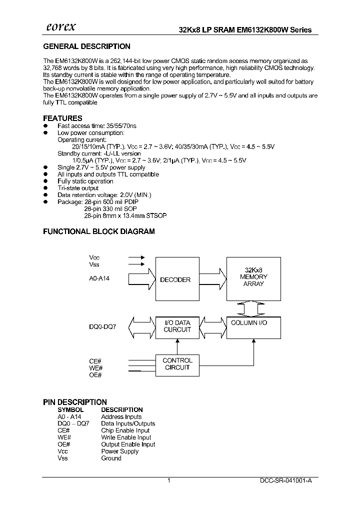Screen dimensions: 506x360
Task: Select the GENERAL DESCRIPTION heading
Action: [x=86, y=46]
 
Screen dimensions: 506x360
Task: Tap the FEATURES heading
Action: [x=62, y=118]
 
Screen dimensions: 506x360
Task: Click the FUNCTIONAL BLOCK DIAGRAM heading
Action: [x=99, y=231]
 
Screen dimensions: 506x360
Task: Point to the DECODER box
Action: [x=175, y=280]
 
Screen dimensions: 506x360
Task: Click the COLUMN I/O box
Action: [x=253, y=327]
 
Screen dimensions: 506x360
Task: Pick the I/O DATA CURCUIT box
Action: [x=177, y=326]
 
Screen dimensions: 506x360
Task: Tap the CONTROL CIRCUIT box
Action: [x=177, y=363]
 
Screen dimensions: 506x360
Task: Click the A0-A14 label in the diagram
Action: [x=99, y=278]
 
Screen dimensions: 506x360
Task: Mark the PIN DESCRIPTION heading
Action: [x=75, y=402]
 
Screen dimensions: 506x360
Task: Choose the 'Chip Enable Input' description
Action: [x=125, y=430]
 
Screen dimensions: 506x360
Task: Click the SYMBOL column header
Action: [x=70, y=409]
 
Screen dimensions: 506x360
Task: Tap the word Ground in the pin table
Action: [x=111, y=458]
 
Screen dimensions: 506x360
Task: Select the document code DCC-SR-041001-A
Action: [x=286, y=480]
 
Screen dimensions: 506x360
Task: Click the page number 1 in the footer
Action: [x=169, y=480]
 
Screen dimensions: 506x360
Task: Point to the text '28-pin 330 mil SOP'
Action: [x=110, y=208]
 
